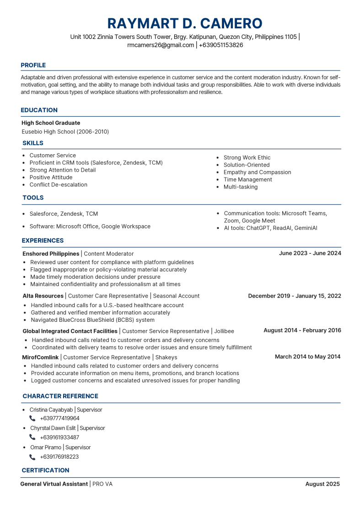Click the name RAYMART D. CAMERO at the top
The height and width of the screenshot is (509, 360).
click(x=185, y=23)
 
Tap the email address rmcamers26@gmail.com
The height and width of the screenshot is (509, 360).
click(x=161, y=45)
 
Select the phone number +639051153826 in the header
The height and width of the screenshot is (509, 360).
click(x=221, y=45)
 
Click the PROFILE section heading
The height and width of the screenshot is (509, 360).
click(x=33, y=65)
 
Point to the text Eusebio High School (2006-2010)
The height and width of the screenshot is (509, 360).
click(x=65, y=131)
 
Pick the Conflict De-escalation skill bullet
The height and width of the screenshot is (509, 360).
click(x=58, y=184)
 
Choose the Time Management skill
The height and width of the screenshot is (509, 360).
click(x=247, y=179)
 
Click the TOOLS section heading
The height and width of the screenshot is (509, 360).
click(x=33, y=198)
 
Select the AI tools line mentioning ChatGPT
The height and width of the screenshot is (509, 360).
click(x=270, y=228)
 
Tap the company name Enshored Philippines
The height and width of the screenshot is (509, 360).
click(x=51, y=254)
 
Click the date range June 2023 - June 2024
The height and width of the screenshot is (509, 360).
click(x=310, y=253)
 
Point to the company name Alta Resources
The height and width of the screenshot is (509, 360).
click(x=43, y=296)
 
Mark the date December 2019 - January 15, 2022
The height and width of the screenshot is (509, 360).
click(x=294, y=296)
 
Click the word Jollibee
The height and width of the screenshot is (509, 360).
click(x=224, y=331)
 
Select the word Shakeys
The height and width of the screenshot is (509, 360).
click(x=166, y=357)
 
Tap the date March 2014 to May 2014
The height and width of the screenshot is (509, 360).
click(x=307, y=357)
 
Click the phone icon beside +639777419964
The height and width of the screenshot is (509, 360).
click(x=32, y=418)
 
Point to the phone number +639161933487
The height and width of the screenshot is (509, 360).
click(x=59, y=437)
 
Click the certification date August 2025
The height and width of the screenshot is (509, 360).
click(x=322, y=484)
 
